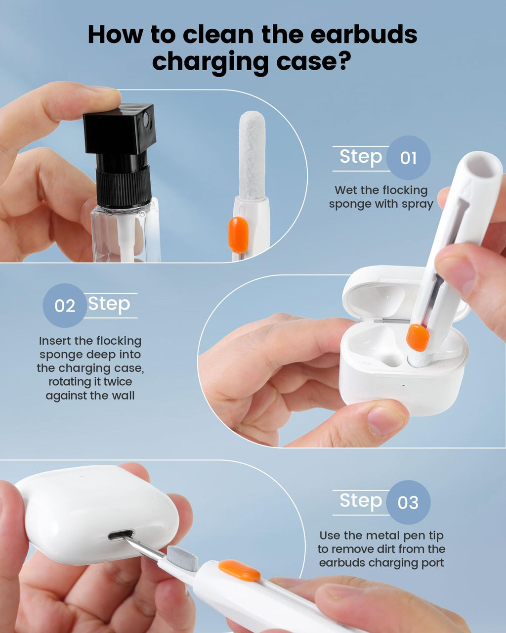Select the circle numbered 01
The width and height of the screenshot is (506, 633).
[x=408, y=158]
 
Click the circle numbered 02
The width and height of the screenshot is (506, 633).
[x=65, y=306]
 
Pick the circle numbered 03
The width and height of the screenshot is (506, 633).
[x=408, y=502]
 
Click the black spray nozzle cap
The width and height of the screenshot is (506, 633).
[x=120, y=129]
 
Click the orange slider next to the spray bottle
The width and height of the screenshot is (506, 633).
[x=238, y=235]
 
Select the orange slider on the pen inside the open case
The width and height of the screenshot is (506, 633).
[x=418, y=337]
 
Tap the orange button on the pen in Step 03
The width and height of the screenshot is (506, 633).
[x=239, y=570]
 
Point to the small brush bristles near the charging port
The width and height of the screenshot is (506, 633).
[x=182, y=558]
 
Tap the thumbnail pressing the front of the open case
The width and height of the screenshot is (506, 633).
[x=385, y=420]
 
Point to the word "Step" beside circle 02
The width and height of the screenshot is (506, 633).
[x=109, y=304]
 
